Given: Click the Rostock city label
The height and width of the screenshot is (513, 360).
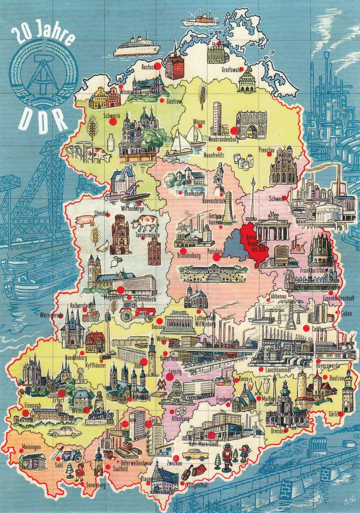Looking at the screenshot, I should [x=146, y=67].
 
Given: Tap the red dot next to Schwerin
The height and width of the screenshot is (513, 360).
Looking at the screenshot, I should [x=113, y=122].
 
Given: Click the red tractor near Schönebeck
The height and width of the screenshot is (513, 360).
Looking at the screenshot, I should [x=137, y=313].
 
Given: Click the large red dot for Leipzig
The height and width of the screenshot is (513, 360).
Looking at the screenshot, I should [x=170, y=377].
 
